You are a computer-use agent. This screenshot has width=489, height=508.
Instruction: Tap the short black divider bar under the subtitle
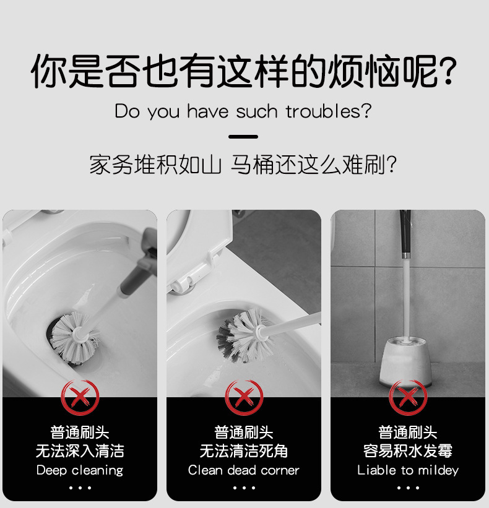click(x=243, y=137)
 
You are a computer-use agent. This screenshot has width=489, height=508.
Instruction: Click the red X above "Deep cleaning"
click(x=80, y=397)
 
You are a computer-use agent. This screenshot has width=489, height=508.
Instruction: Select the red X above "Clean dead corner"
click(x=244, y=397)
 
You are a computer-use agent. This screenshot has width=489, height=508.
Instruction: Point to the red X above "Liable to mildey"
click(x=408, y=397)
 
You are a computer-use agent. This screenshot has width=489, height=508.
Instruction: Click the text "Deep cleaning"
click(x=80, y=470)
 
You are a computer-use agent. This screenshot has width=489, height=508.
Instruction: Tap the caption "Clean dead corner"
click(x=244, y=470)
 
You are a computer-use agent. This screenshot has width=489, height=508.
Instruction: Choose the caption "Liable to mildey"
click(x=408, y=470)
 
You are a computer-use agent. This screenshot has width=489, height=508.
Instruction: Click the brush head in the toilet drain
click(x=74, y=337)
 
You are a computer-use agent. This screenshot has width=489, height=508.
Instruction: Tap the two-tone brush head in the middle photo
click(x=243, y=335)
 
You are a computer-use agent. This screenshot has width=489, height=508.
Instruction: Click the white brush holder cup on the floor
click(x=405, y=361)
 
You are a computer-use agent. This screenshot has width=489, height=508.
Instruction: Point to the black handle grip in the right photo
click(x=405, y=232)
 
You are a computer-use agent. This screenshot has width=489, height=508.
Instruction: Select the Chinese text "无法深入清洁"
click(x=80, y=451)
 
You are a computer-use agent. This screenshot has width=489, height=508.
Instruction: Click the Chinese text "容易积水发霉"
click(x=408, y=451)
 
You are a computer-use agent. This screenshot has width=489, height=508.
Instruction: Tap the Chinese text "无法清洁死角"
click(x=244, y=451)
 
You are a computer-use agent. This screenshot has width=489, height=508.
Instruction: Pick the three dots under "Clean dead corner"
click(x=244, y=488)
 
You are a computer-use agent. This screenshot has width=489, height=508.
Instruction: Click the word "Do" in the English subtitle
click(x=128, y=111)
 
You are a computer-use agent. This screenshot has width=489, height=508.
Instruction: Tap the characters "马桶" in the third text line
click(x=252, y=165)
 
